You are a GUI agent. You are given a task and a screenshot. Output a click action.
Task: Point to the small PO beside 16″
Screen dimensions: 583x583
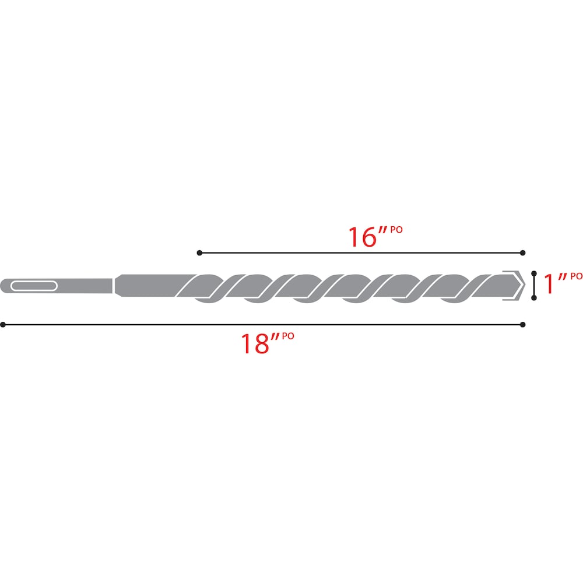396,230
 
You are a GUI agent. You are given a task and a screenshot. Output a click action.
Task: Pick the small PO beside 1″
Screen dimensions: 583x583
575,276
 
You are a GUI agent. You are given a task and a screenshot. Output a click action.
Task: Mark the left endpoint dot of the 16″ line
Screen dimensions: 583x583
199,252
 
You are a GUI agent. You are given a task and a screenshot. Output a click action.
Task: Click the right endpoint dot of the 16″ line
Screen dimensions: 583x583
523,252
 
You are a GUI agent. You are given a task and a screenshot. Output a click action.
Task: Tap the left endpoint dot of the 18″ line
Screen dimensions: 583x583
3,324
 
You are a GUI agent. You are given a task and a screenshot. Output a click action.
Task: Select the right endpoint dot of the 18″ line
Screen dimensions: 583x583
523,324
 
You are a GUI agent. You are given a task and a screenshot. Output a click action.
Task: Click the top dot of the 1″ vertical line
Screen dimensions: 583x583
533,273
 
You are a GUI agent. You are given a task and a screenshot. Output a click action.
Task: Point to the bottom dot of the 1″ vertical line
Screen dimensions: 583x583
533,298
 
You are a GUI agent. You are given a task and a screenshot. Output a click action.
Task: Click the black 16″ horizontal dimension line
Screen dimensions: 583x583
361,252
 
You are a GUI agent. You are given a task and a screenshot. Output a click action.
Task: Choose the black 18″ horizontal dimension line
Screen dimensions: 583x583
262,324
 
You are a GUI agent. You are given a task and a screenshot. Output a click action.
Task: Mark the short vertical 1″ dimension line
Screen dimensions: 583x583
533,286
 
